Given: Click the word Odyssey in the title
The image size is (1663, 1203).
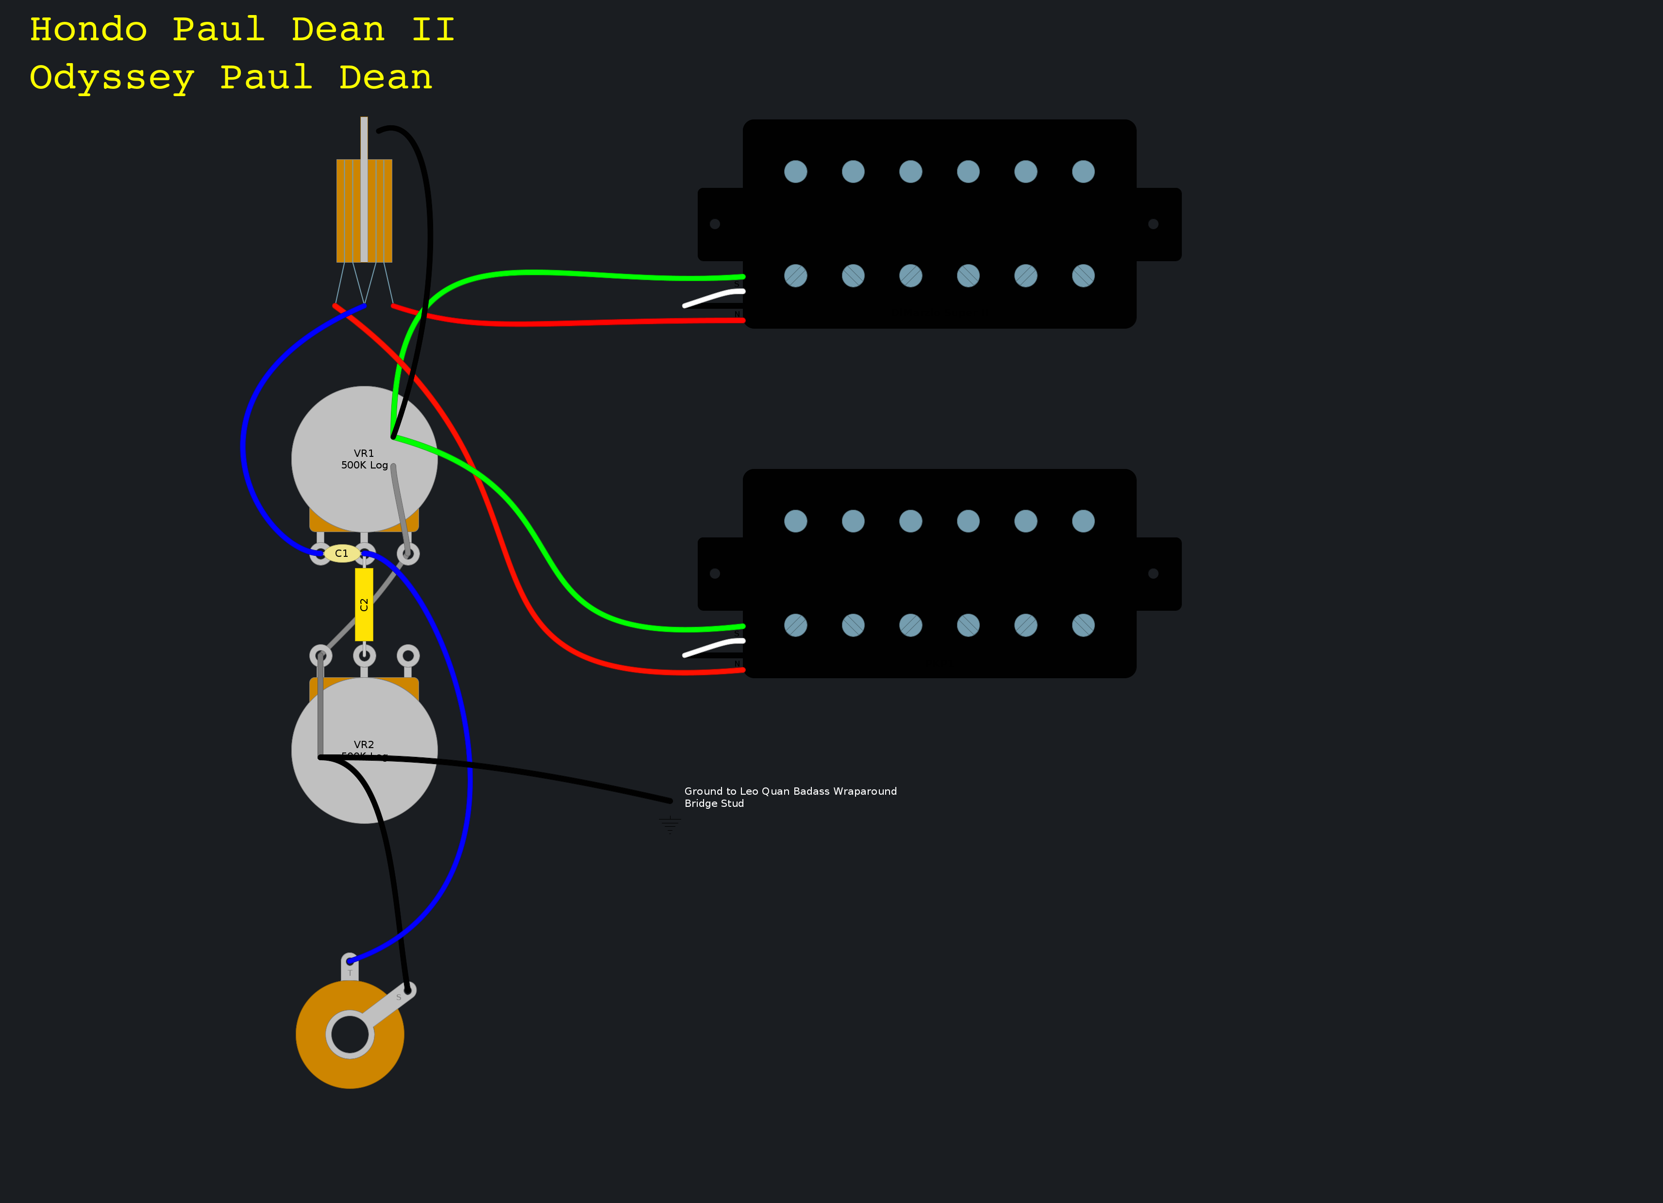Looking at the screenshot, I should [112, 79].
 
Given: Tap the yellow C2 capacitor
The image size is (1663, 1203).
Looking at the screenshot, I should [364, 605].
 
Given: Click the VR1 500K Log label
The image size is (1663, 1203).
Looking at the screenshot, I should [364, 459].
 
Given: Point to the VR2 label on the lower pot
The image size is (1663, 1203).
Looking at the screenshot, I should [364, 745].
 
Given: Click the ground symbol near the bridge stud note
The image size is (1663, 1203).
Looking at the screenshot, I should [670, 824].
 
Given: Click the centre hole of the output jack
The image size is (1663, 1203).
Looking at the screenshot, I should [350, 1035].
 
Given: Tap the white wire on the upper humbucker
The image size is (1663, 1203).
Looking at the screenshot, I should [713, 298].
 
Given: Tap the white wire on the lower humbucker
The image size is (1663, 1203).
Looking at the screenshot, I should [713, 647].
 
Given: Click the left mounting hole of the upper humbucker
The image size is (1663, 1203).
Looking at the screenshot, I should [715, 224].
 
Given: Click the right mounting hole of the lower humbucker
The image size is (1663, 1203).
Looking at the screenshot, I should [1153, 574].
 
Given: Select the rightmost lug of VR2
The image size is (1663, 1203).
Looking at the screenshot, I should [408, 655].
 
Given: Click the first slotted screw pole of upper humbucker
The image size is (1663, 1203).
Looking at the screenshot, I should [796, 276].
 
